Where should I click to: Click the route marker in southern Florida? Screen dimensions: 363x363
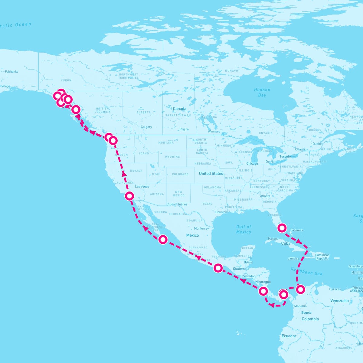pos(282,227)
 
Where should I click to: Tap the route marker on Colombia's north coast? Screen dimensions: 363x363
pos(300,289)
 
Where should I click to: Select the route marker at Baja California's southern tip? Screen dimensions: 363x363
pos(163,239)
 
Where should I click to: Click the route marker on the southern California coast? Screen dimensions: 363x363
pos(129,196)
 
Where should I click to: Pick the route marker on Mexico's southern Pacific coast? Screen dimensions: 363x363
pos(218,268)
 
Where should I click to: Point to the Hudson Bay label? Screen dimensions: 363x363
pos(262,92)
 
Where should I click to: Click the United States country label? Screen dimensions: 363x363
pos(211,173)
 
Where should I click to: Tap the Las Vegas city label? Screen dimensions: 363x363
pos(142,186)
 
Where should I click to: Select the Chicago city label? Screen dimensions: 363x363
pos(252,163)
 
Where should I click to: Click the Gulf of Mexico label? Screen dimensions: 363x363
pos(244,229)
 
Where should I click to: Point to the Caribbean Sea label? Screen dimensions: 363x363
pos(306,271)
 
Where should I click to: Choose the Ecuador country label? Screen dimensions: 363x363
pos(289,336)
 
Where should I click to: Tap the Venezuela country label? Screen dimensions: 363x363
pos(339,301)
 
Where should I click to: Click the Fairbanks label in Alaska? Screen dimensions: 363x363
pos(11,72)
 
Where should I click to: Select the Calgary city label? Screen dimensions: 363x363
pos(146,127)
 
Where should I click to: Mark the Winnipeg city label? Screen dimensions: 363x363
pos(214,132)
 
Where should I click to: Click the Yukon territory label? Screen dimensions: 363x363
pos(66,80)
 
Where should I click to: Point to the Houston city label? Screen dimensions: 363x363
pos(221,212)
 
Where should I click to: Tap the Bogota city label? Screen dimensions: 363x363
pos(306,312)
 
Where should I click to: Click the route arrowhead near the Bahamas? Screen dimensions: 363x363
pos(299,242)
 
